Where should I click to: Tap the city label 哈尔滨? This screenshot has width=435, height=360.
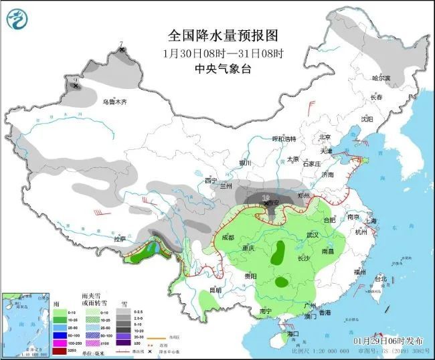(380, 78)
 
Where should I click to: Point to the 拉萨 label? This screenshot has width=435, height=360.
(120, 238)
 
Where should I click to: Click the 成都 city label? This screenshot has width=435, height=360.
(227, 237)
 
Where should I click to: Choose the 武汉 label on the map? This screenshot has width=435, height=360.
(313, 235)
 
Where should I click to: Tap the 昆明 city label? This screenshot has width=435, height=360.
(215, 290)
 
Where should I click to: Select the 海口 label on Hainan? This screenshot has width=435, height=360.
(292, 333)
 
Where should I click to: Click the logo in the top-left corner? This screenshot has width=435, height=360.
(18, 20)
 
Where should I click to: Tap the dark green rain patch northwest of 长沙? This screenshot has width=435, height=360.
(280, 252)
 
